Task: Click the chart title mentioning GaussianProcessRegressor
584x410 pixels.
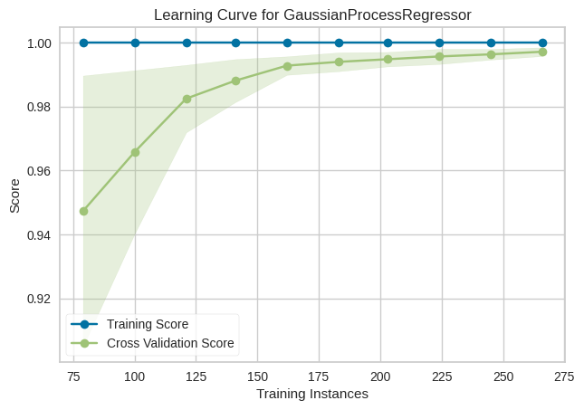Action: tap(312, 15)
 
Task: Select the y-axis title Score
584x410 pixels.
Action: tap(14, 195)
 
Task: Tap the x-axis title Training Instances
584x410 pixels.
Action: tap(312, 394)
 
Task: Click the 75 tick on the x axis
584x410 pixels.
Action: tap(74, 376)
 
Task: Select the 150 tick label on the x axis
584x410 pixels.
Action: tap(258, 376)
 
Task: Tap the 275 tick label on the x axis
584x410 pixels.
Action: tap(565, 376)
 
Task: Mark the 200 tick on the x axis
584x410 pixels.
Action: tap(380, 376)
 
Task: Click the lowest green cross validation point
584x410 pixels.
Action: tap(84, 211)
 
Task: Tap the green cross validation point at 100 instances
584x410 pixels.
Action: tap(136, 152)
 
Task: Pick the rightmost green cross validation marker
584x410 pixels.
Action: tap(542, 52)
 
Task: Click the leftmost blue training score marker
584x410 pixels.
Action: tap(84, 43)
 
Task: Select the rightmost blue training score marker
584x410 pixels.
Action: tap(542, 43)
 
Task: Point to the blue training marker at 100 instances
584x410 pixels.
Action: tap(136, 43)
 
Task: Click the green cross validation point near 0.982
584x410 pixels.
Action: tap(187, 99)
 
